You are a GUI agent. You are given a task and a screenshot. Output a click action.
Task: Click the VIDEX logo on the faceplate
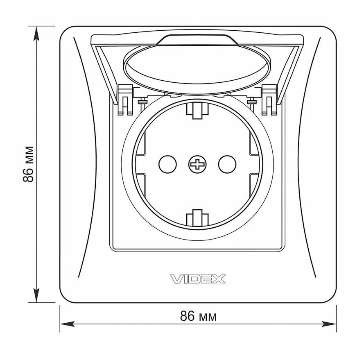pos(198,279)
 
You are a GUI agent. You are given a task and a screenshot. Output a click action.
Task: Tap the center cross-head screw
pos(197,165)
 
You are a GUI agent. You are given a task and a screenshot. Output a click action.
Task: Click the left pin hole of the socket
pos(167,165)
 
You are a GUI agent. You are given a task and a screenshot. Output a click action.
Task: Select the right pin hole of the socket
pos(227,165)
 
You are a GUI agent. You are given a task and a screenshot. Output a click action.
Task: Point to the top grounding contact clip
pos(197,111)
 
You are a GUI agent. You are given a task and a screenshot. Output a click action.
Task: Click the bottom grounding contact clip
pos(197,217)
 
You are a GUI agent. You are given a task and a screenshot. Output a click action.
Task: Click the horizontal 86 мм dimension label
pos(198,316)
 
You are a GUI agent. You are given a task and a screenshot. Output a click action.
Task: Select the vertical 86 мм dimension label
pos(29,164)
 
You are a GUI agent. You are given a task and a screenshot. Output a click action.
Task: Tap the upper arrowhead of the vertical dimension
pos(36,34)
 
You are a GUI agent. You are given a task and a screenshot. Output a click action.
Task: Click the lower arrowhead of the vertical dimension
pos(36,295)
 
